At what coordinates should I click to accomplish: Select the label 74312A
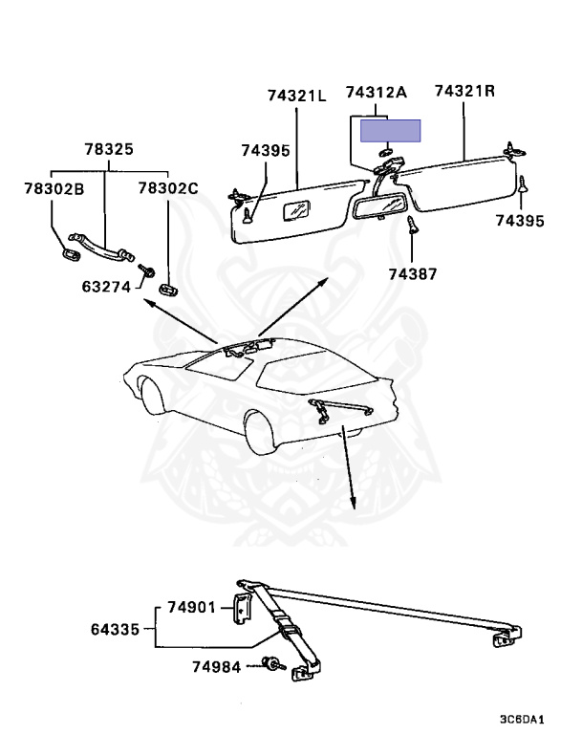[x=377, y=93]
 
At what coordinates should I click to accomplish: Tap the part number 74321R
[x=464, y=92]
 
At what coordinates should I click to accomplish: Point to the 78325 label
[x=108, y=150]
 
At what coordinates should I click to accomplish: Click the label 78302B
[x=54, y=188]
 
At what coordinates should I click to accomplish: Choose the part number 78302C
[x=167, y=188]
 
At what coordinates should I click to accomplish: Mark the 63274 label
[x=106, y=284]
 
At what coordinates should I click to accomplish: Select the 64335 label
[x=116, y=629]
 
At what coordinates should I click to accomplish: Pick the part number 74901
[x=192, y=608]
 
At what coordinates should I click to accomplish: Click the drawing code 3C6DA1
[x=521, y=718]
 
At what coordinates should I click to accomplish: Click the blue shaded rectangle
[x=391, y=131]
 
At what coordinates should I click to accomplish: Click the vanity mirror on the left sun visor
[x=298, y=209]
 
